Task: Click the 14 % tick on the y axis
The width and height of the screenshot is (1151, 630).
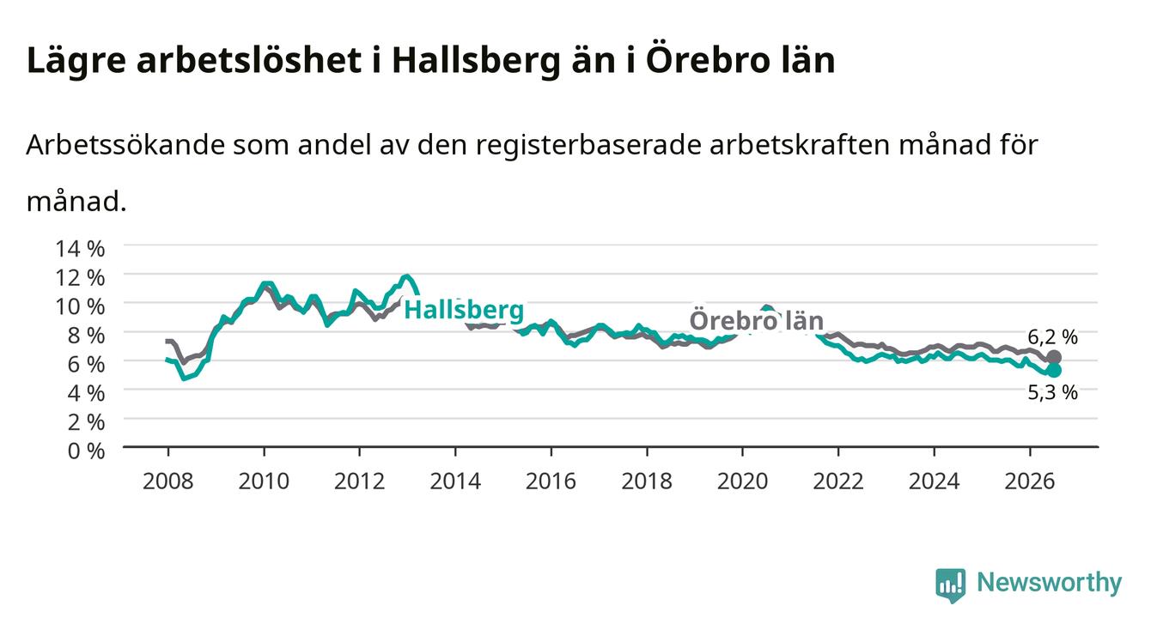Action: [80, 249]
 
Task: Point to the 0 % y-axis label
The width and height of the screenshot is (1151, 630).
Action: [86, 451]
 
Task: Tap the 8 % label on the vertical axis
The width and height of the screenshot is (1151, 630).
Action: [86, 336]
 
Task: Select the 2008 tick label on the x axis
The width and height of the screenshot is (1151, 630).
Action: [167, 482]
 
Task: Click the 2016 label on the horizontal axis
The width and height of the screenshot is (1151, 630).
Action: [551, 482]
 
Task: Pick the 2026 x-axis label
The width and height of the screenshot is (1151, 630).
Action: [1030, 482]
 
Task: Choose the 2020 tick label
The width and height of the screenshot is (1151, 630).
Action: [742, 482]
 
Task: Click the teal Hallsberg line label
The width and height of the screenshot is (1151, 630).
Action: [464, 311]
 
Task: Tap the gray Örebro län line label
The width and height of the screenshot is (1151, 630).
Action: [757, 321]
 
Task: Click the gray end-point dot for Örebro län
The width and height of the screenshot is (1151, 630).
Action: [1054, 357]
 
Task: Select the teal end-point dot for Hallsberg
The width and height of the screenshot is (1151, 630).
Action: [1054, 370]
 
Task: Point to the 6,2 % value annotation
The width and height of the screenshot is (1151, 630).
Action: [1052, 337]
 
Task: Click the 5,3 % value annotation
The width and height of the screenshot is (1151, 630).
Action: [1052, 393]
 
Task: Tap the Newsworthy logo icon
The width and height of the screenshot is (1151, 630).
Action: [951, 585]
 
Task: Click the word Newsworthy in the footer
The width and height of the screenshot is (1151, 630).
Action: [1050, 583]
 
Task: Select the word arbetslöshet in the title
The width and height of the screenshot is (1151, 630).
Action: [249, 61]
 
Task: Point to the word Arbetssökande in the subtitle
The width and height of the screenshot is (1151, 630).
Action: [125, 145]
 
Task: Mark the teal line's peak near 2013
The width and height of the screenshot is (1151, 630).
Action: [407, 277]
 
